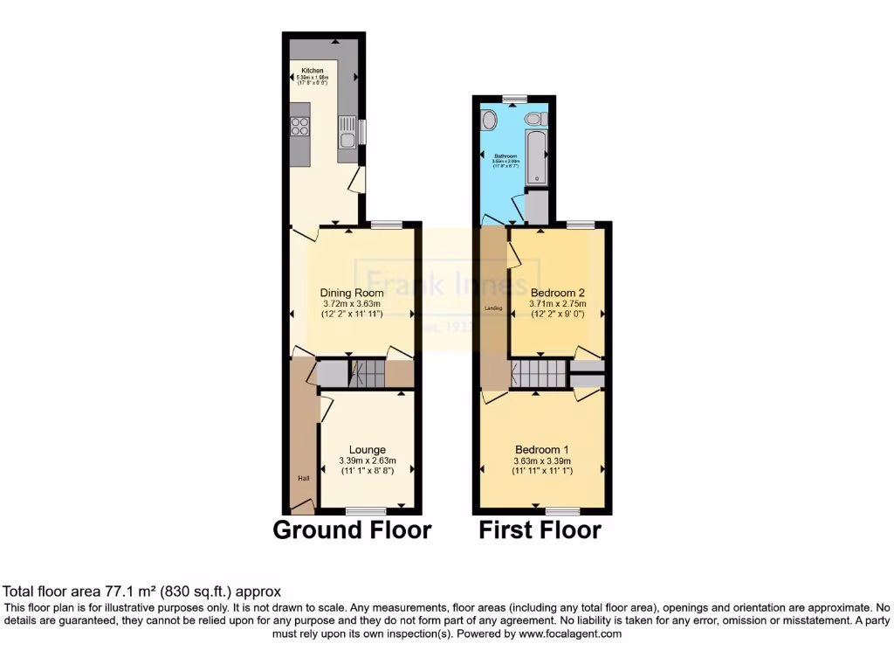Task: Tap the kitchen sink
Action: [347, 133]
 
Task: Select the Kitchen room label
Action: [313, 71]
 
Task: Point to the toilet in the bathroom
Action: [532, 119]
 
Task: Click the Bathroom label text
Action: [506, 156]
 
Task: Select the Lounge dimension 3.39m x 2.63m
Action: [368, 461]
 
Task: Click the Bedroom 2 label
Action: [556, 292]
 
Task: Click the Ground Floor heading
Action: [352, 529]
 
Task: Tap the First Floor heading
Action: [540, 529]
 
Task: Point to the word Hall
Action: [303, 478]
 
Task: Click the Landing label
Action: [492, 308]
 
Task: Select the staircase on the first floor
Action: [539, 376]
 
